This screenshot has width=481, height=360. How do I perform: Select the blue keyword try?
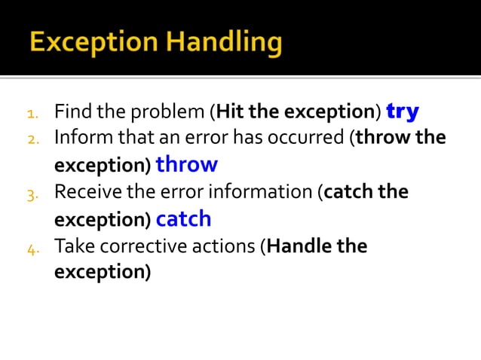(403, 111)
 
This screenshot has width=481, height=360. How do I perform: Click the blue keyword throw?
(186, 164)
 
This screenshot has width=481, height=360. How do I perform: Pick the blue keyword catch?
(183, 219)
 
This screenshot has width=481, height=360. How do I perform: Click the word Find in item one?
(72, 112)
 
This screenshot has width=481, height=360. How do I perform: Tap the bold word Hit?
(231, 112)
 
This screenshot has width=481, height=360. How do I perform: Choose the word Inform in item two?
(82, 138)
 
